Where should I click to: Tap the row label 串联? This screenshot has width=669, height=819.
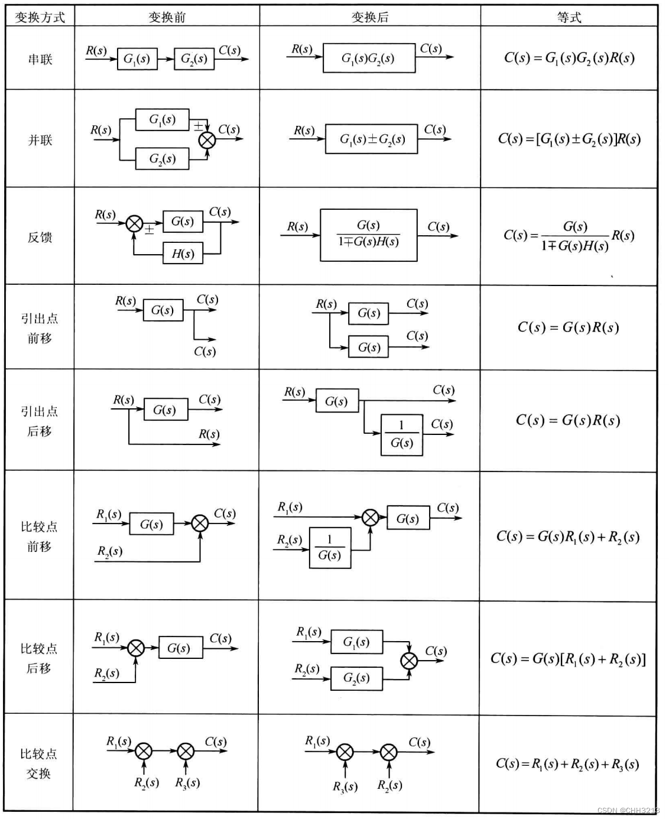(40, 59)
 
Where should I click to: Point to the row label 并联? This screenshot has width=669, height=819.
(40, 140)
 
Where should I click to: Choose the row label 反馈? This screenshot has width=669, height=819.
(40, 238)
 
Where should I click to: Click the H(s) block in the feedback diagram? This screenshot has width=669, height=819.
(183, 254)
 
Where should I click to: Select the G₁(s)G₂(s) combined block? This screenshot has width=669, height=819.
(368, 58)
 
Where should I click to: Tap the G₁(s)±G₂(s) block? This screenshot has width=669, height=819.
(372, 139)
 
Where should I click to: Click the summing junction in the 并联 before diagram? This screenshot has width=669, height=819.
(207, 141)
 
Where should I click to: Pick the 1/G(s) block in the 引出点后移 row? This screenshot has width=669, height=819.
(402, 435)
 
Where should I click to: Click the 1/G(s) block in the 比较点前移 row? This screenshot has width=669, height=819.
(330, 548)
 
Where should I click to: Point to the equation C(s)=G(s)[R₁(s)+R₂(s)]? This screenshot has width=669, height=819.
(568, 659)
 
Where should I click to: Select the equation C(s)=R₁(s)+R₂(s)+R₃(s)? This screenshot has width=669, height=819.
(567, 764)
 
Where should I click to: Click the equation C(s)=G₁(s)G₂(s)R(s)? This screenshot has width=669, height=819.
(569, 58)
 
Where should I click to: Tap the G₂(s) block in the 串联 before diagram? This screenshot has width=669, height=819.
(194, 59)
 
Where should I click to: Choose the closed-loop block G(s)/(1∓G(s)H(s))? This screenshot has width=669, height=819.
(368, 235)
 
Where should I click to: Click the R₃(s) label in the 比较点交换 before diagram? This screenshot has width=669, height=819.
(187, 783)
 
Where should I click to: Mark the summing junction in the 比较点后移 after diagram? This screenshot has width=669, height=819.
(409, 661)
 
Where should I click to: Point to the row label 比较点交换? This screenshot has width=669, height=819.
(39, 763)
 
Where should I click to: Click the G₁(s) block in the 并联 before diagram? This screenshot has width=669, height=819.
(163, 120)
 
